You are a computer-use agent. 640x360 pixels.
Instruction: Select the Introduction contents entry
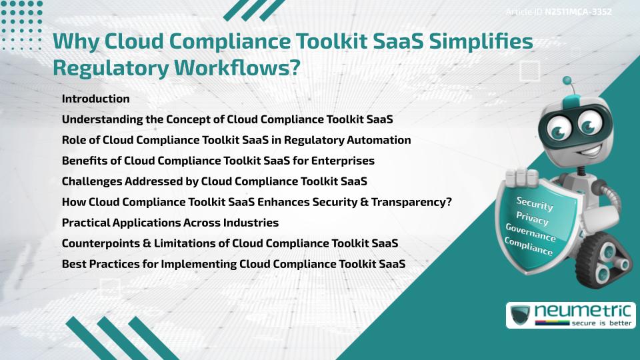[95, 99]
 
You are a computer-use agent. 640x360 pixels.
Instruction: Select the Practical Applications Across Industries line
[170, 223]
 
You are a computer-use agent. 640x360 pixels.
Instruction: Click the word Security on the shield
[534, 204]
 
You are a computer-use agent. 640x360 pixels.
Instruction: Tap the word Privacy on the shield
[532, 218]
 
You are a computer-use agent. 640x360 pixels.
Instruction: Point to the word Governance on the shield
[531, 233]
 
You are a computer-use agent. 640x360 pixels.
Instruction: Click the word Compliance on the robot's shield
[529, 247]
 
